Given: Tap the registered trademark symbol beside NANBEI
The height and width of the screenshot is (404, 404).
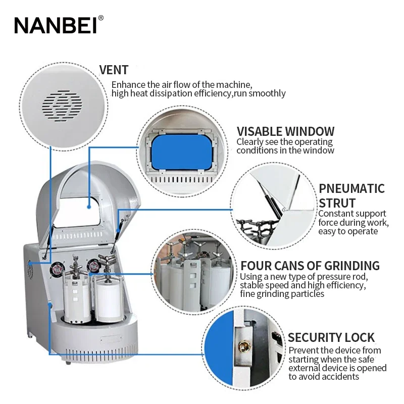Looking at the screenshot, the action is click(100, 18).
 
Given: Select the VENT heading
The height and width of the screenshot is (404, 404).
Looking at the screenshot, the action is click(114, 70).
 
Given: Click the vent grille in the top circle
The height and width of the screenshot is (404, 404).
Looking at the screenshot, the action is click(63, 106).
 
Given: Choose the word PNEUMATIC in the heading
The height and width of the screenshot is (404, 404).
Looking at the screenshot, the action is click(351, 188).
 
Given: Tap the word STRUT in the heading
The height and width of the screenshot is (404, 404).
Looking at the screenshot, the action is click(337, 203).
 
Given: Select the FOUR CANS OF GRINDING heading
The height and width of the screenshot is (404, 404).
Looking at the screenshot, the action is click(310, 266).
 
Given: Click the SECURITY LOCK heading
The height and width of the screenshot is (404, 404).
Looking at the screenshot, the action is click(331, 337).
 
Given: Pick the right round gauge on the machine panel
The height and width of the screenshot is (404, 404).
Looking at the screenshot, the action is click(93, 266).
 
